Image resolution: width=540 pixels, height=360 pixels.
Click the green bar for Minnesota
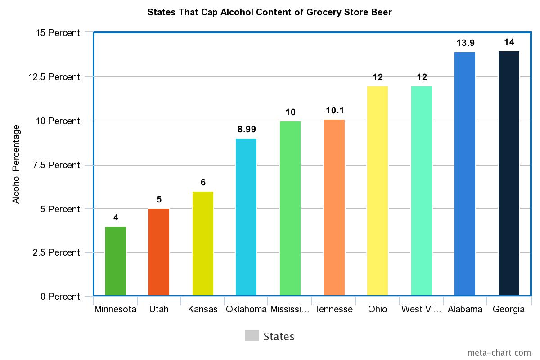pos(116,261)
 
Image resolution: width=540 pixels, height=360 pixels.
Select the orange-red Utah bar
pos(159,252)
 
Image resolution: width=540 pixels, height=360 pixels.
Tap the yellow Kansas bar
pos(203,243)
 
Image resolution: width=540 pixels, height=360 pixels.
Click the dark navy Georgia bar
pos(509,173)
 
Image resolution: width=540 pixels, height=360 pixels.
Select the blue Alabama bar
pos(465,174)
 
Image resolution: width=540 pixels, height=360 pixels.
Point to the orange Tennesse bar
pos(334,207)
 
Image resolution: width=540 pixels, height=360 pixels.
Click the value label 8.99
pos(247,130)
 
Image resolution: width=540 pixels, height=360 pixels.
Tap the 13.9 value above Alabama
pos(465,43)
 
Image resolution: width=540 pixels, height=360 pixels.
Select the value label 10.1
pos(334,111)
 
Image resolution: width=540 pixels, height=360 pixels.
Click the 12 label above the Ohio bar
pos(378,77)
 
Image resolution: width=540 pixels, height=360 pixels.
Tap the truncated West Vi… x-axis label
pos(421,309)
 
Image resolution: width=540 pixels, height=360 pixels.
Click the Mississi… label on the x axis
pos(290,309)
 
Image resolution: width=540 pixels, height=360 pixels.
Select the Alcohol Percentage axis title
pos(16,164)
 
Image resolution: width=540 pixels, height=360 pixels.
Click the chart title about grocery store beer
pos(270,12)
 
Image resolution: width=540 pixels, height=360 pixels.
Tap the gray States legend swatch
pos(252,336)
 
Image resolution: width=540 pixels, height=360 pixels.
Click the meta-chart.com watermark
pos(499,352)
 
